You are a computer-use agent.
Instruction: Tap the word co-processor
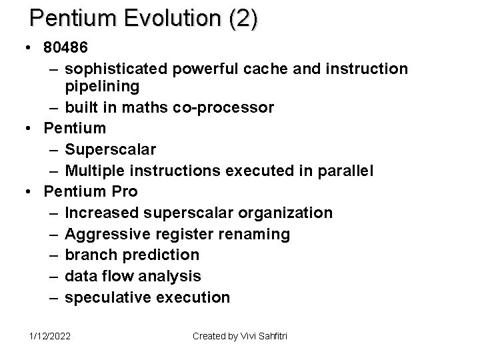point(226,107)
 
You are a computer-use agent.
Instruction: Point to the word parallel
point(345,170)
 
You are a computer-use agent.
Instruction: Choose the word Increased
point(103,213)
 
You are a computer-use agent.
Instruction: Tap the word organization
point(287,213)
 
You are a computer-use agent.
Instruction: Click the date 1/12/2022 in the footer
point(49,336)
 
